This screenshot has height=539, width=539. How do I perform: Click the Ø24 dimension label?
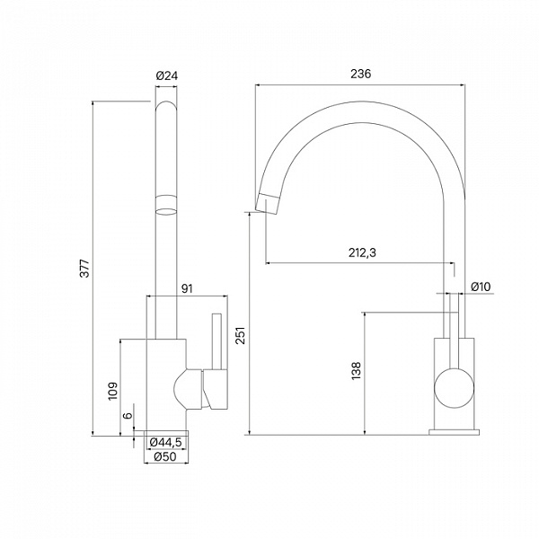point(167,75)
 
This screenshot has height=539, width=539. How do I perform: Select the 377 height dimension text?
point(84,269)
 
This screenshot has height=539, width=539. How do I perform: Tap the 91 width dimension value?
point(187,288)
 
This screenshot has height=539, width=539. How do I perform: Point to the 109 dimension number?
point(113,391)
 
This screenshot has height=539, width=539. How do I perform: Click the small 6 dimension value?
point(128,415)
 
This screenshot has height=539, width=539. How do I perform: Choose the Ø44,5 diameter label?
point(165,442)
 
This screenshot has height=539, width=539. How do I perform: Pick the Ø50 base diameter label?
point(165,457)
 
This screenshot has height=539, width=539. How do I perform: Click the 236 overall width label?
point(360,74)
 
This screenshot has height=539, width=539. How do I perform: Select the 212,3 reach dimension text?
point(362,252)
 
